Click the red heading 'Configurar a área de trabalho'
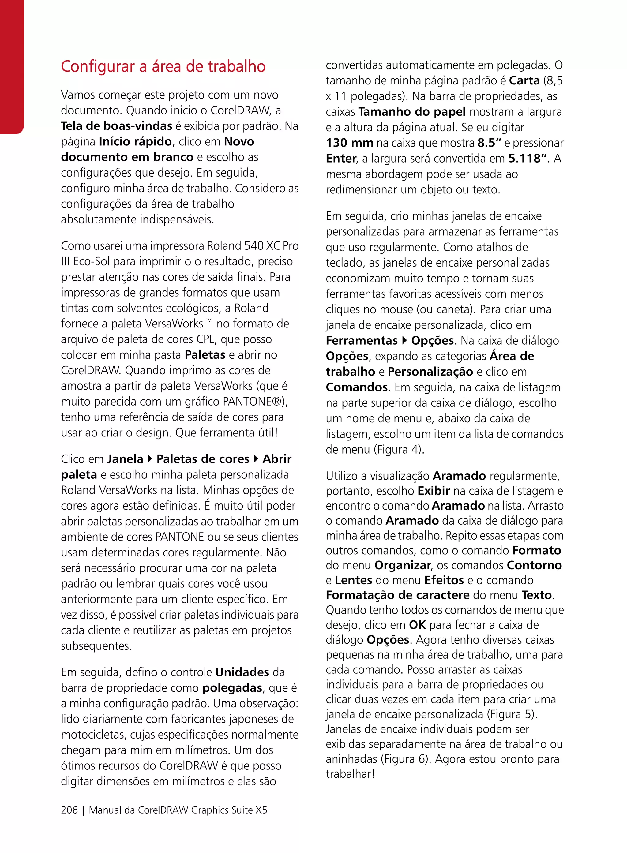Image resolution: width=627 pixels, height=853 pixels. (x=163, y=66)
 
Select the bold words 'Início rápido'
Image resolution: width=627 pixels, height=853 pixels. (x=135, y=141)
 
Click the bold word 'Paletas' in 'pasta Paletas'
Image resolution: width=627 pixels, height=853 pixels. (x=205, y=355)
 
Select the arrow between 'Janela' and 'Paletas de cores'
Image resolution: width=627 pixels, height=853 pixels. (x=149, y=459)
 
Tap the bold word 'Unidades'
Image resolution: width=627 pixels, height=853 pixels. (x=242, y=672)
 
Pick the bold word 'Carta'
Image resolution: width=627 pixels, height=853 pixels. (x=524, y=80)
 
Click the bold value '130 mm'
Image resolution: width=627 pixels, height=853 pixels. (x=349, y=143)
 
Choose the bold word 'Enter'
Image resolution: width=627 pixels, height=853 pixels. (x=341, y=159)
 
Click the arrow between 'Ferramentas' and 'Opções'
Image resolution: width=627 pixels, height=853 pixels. (x=404, y=340)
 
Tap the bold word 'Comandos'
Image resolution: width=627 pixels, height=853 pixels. (x=356, y=387)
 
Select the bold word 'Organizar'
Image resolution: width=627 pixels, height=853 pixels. (x=403, y=565)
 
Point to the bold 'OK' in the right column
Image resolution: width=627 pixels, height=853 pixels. (x=417, y=625)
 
